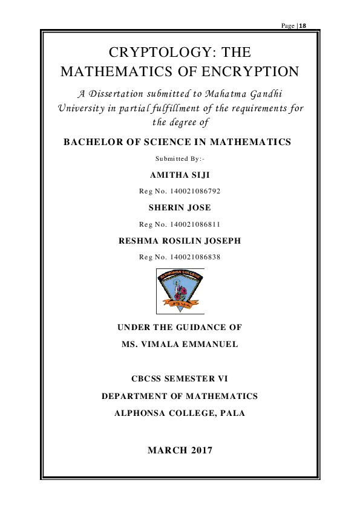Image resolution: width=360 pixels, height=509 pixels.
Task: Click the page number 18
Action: point(303,25)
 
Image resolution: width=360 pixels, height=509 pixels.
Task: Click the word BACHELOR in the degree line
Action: point(91,143)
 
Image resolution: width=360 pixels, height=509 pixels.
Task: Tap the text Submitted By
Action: point(180,160)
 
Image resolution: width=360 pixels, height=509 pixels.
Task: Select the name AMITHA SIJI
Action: point(180,175)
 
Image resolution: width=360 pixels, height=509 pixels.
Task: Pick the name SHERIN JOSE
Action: point(180,208)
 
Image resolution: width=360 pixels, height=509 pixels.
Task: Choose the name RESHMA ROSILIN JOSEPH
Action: point(180,241)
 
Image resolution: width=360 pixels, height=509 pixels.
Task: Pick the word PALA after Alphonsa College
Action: point(232,414)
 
